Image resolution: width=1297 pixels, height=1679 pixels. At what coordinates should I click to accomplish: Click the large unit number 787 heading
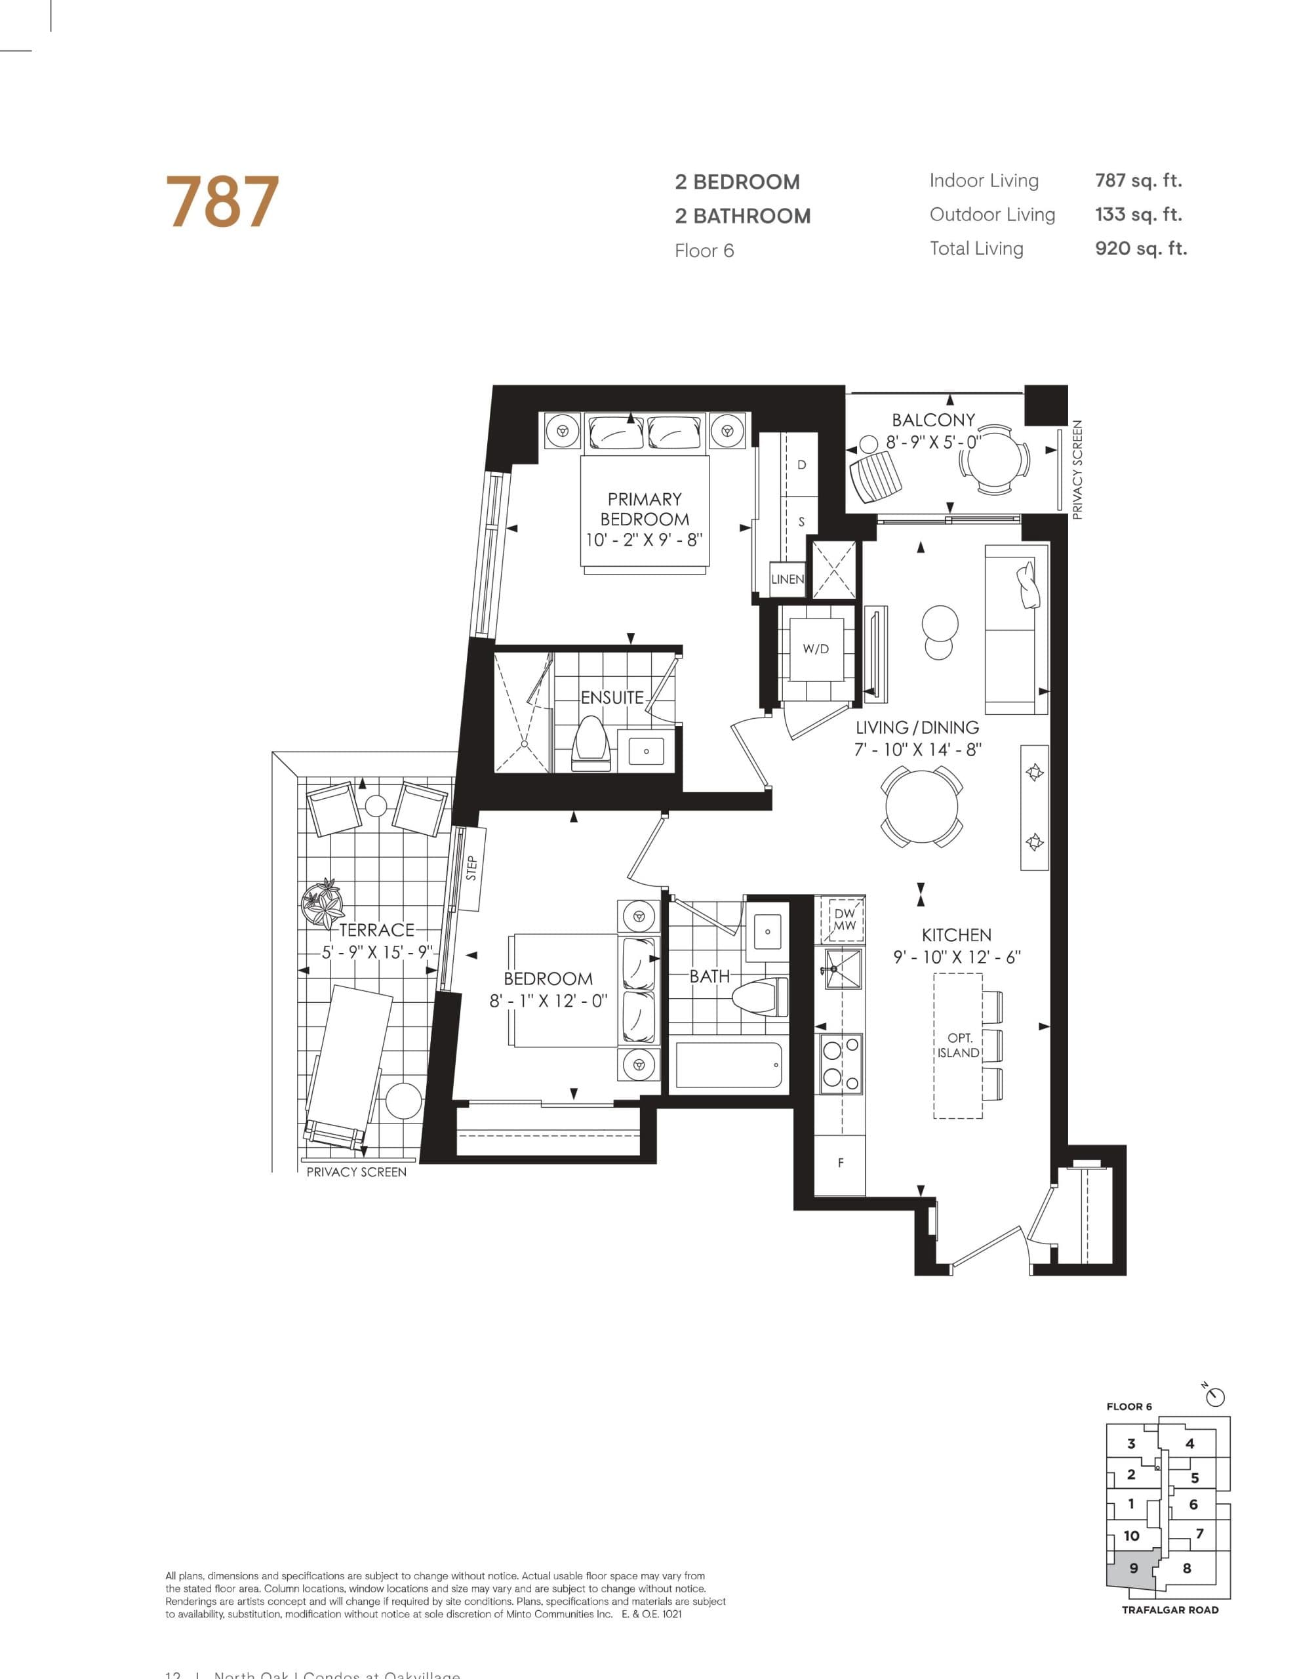click(x=222, y=202)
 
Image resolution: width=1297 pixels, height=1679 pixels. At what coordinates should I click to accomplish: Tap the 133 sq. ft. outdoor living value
click(x=1138, y=214)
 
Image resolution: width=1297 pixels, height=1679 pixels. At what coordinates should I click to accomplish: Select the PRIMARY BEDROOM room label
click(x=645, y=509)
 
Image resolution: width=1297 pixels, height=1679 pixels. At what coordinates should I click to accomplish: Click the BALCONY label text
click(x=932, y=420)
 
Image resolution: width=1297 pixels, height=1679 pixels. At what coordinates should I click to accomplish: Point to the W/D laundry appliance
click(x=816, y=649)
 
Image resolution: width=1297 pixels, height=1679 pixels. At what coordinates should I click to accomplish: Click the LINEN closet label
click(x=788, y=579)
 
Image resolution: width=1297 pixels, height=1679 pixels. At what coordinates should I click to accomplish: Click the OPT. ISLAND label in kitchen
click(x=959, y=1045)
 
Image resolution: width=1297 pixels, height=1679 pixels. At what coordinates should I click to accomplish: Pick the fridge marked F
click(x=841, y=1163)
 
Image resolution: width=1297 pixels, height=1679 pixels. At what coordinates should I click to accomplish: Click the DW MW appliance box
click(x=844, y=920)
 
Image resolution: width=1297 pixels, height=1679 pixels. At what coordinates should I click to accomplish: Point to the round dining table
click(x=922, y=807)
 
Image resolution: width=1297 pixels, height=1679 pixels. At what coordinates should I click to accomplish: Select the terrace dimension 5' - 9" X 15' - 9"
click(x=377, y=952)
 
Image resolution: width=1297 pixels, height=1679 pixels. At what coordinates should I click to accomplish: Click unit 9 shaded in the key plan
click(x=1132, y=1568)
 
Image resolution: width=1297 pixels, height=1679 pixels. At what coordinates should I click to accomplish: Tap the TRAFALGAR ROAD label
click(x=1169, y=1610)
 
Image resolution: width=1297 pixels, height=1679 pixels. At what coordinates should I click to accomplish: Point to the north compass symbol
click(x=1216, y=1396)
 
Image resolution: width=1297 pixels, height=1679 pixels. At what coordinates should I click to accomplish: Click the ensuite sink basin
click(x=646, y=751)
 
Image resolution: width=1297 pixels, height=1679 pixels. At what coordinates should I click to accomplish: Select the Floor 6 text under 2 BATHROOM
click(x=704, y=251)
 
